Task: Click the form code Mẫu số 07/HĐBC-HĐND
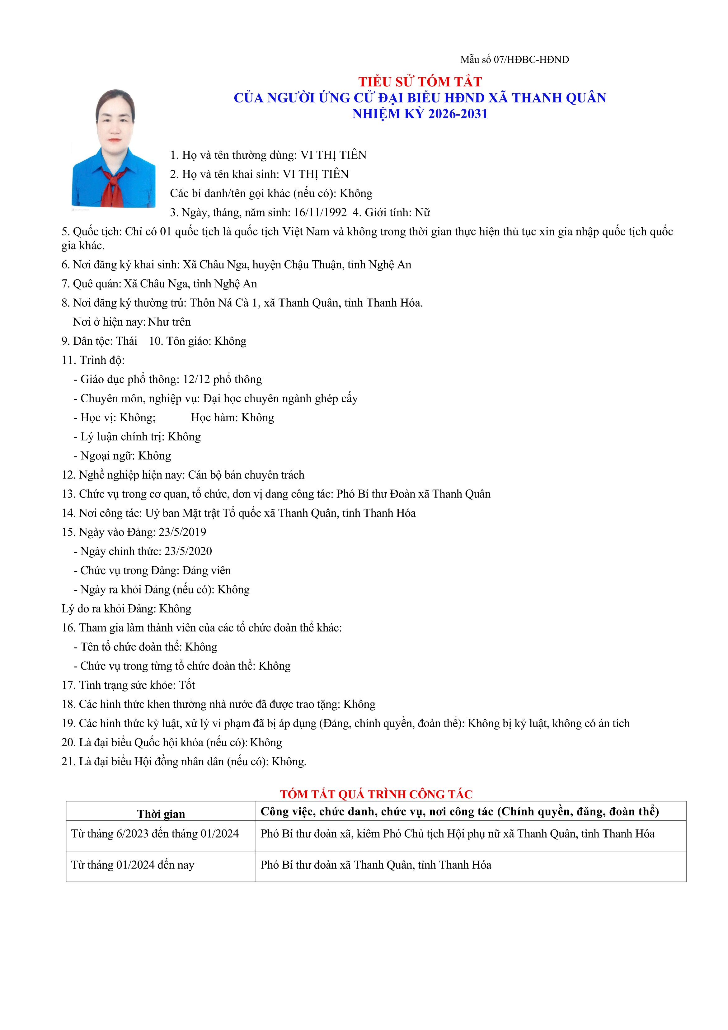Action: tap(514, 60)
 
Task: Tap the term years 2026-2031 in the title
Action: tap(458, 114)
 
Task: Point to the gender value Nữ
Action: tap(423, 213)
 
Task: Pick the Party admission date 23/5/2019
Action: tap(182, 532)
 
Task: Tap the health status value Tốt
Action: tap(187, 685)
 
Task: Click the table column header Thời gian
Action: tap(161, 814)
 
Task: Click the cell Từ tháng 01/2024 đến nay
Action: tap(133, 865)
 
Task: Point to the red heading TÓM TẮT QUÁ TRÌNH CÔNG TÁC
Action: tap(376, 795)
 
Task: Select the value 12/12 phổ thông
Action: tap(222, 380)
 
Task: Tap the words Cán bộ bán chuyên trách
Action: tap(246, 475)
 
